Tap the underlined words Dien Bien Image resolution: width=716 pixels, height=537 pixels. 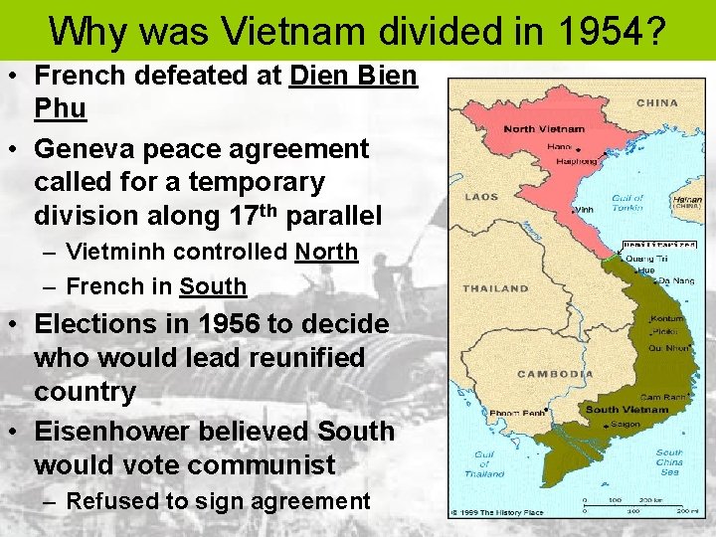(x=353, y=75)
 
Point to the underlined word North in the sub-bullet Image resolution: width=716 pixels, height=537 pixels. (x=325, y=253)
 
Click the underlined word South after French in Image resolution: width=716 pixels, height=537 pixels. (x=213, y=286)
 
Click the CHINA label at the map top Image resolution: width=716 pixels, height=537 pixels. (x=657, y=102)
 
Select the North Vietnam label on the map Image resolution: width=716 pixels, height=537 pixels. (x=544, y=129)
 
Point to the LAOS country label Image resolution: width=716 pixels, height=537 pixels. (x=482, y=197)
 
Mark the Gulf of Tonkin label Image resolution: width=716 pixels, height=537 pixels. (x=628, y=204)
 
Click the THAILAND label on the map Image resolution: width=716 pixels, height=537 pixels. (x=495, y=288)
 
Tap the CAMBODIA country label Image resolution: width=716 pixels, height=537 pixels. (x=555, y=375)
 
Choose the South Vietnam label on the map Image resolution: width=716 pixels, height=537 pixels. (x=627, y=410)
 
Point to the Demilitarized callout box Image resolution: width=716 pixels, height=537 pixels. (x=659, y=244)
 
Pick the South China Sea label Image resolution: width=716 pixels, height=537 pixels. (x=669, y=459)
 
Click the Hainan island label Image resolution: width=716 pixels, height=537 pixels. (x=687, y=200)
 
